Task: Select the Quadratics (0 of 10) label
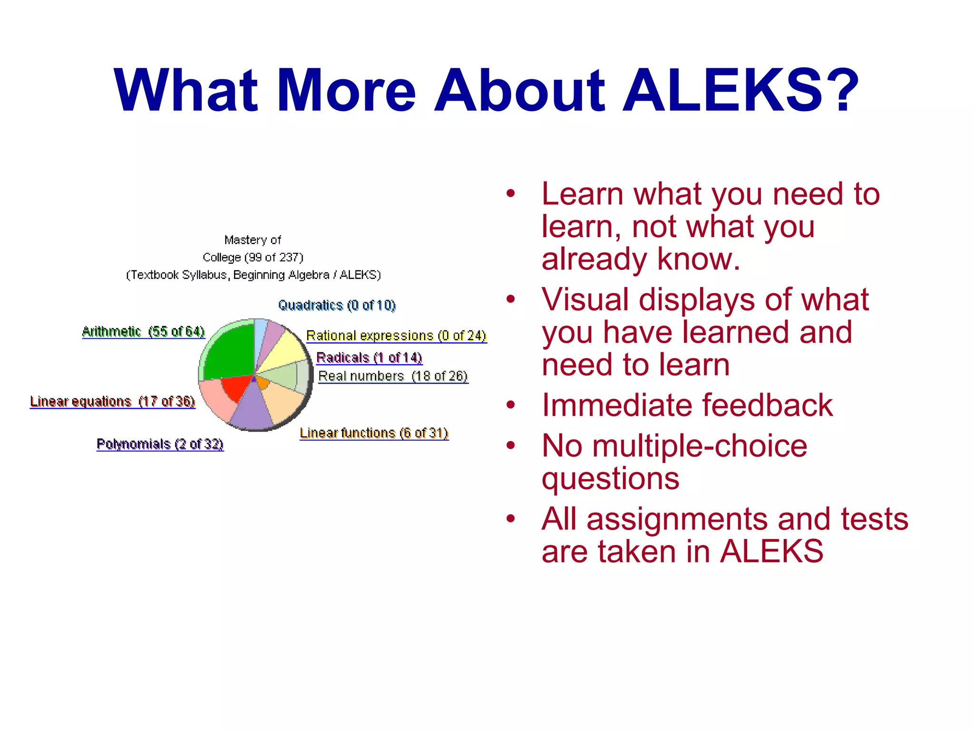(337, 305)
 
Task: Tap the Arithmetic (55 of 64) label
(143, 331)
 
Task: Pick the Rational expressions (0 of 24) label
(396, 336)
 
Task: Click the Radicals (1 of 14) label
(369, 357)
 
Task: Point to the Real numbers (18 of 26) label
(393, 376)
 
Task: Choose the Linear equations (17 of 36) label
(112, 402)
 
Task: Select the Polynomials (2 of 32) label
(160, 444)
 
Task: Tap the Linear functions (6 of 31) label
(374, 433)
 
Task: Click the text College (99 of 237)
(253, 258)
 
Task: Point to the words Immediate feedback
(687, 405)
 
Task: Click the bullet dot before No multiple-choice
(511, 445)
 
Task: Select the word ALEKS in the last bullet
(771, 552)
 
